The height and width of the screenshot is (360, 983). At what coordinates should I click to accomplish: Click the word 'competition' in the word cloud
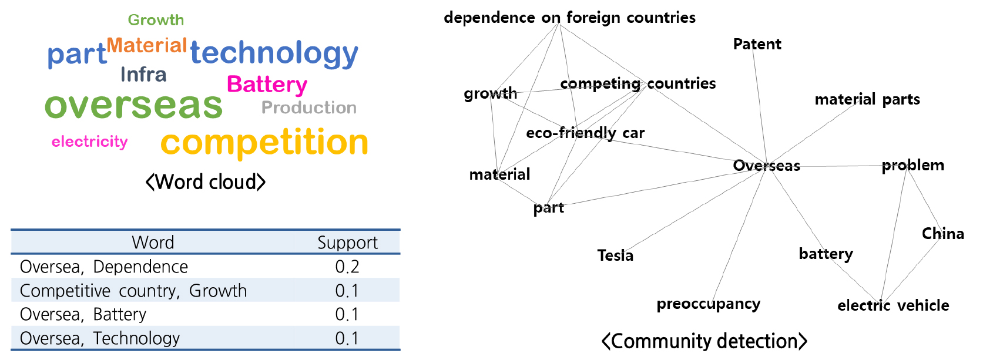tap(264, 143)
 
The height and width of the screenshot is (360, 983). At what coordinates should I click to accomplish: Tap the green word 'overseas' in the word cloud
tap(134, 106)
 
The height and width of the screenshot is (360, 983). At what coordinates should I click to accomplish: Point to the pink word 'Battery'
tap(267, 85)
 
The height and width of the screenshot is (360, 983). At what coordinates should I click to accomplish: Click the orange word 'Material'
tap(146, 45)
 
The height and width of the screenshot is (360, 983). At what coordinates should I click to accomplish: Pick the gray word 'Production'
tap(309, 108)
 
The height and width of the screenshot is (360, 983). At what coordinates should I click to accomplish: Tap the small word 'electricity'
tap(89, 142)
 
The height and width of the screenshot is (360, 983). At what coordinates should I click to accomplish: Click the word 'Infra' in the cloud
tap(143, 75)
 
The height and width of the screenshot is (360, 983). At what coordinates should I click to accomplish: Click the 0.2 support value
tap(347, 267)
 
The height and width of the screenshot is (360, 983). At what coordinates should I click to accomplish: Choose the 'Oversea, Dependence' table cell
tap(104, 267)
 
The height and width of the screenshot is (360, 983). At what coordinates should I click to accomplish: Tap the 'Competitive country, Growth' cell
tap(133, 291)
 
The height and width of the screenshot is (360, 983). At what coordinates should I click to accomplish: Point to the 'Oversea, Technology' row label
tap(100, 338)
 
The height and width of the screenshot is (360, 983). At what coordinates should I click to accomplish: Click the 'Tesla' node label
tap(615, 255)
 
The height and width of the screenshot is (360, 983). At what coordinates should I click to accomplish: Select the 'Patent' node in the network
tap(757, 44)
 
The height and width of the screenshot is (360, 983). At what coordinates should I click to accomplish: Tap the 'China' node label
tap(942, 234)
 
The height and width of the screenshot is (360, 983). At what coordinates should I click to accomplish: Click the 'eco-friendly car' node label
tap(585, 133)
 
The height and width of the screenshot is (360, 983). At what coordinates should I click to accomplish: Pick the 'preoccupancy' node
tap(708, 304)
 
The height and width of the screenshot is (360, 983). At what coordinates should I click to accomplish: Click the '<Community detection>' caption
tap(704, 341)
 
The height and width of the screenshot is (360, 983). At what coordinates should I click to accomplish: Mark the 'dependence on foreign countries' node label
tap(569, 18)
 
